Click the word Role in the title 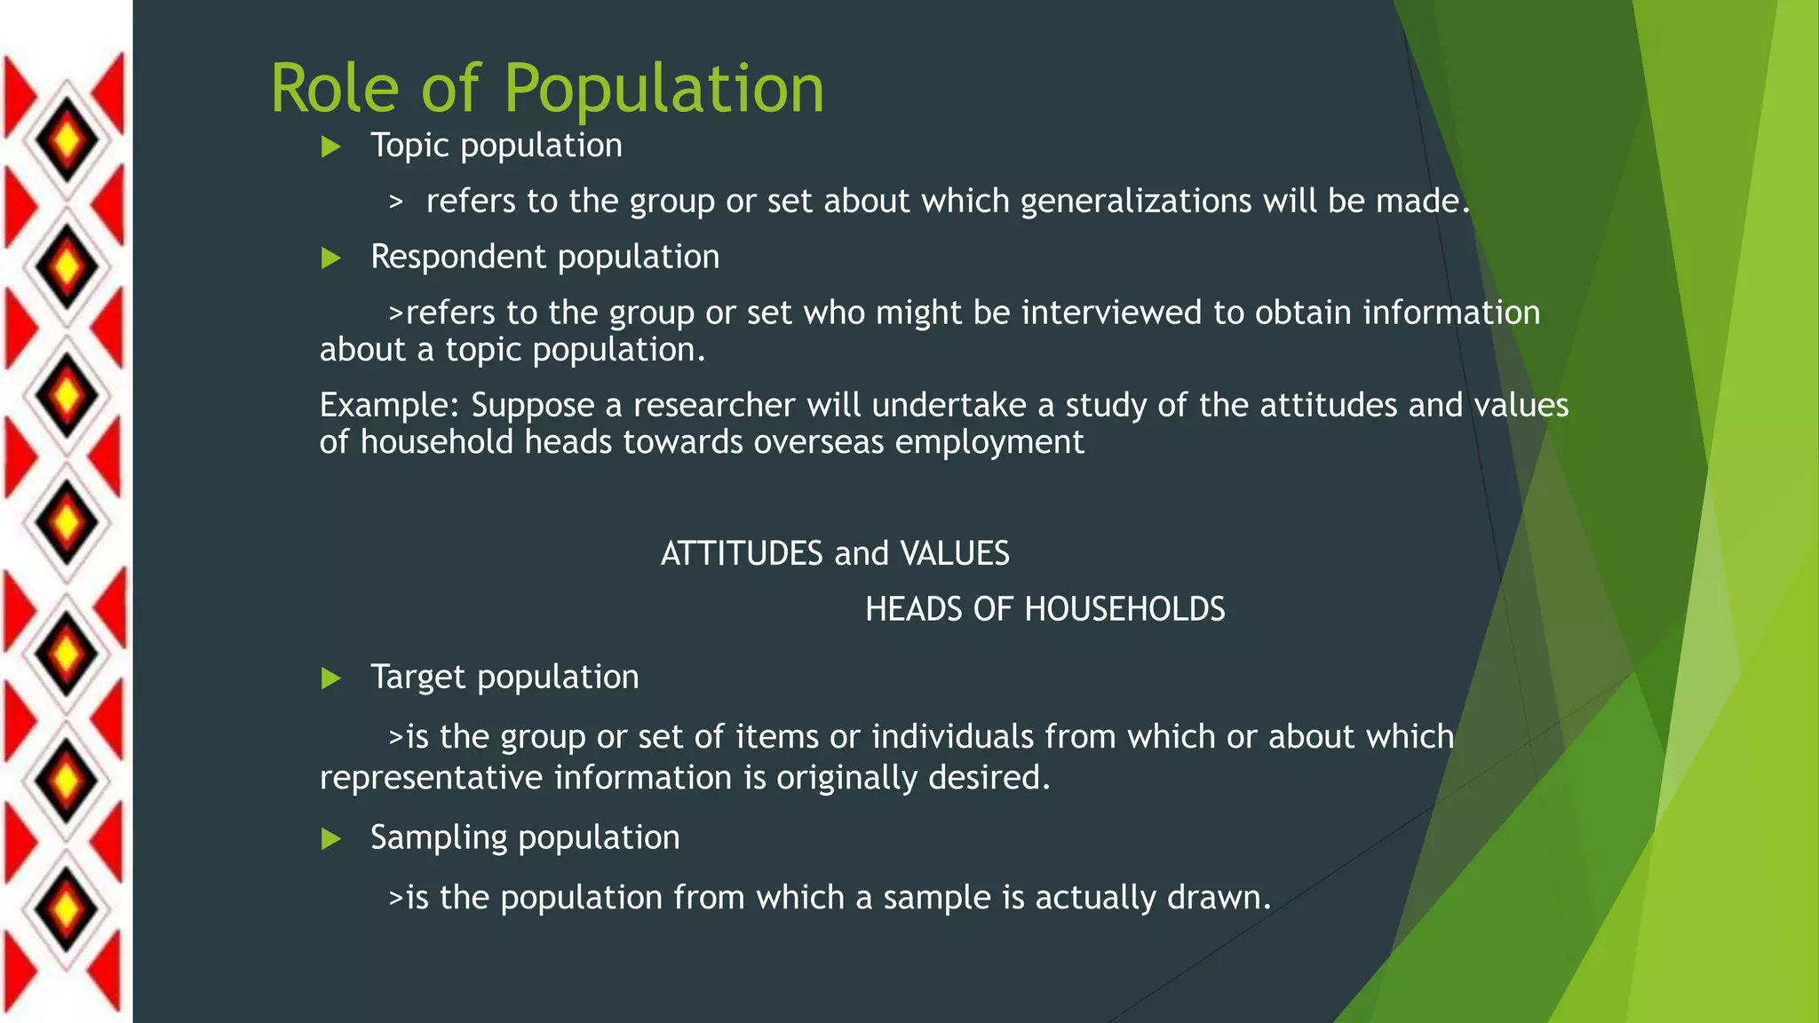point(334,89)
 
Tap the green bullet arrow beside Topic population point(331,147)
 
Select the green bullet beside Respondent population point(331,258)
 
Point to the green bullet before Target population point(331,679)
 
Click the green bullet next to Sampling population point(331,839)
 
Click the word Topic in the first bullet point(409,146)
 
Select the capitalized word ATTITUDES point(742,554)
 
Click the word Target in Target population point(417,678)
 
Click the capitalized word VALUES point(955,554)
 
